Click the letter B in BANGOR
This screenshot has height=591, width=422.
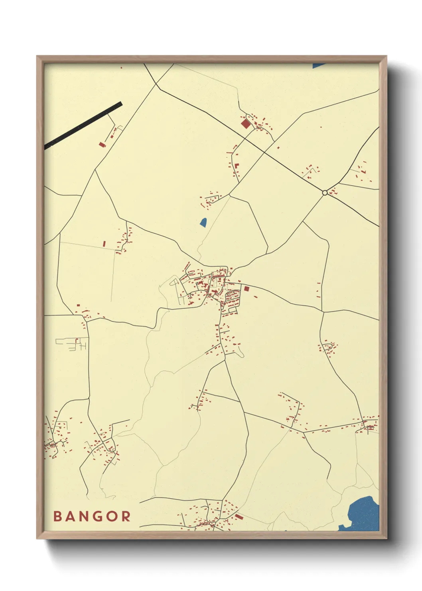coord(57,516)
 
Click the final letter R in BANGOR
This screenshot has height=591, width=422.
coord(126,516)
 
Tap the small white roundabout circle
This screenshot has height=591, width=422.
coord(325,192)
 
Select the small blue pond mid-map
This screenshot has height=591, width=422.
coord(203,222)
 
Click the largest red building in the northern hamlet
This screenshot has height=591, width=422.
coord(245,124)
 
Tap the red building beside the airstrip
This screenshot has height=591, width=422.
coord(102,144)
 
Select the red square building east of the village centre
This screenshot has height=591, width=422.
coord(246,289)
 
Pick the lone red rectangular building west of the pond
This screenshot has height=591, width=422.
coord(104,243)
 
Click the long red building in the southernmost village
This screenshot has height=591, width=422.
coord(239,516)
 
